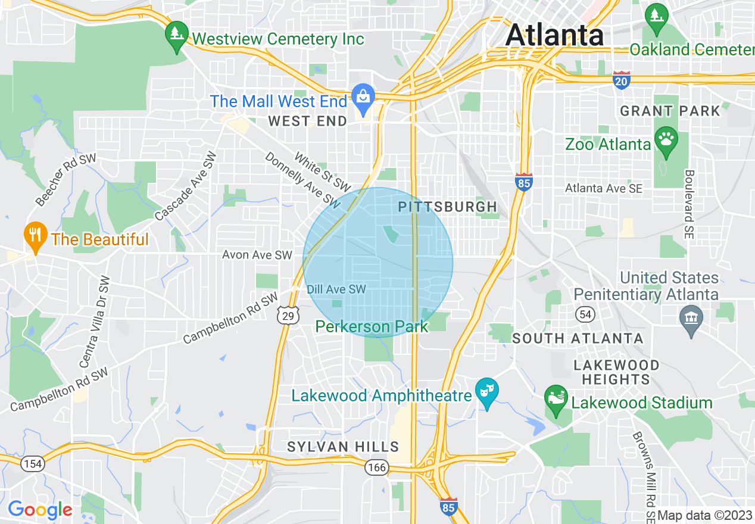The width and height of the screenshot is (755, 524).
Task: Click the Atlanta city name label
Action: [x=554, y=35]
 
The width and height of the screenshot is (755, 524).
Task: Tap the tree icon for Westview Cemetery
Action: [x=177, y=32]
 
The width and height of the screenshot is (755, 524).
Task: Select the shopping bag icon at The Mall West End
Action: [x=362, y=95]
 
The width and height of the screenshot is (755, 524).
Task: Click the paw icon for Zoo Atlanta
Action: [x=666, y=139]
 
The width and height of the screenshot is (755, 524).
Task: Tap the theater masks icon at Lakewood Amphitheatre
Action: [x=487, y=391]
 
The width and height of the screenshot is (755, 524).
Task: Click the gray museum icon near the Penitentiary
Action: [x=691, y=317]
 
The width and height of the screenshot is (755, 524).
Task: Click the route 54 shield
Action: [x=584, y=313]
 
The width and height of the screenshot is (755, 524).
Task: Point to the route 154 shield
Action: [x=32, y=464]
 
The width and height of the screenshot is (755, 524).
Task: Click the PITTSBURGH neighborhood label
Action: [x=447, y=207]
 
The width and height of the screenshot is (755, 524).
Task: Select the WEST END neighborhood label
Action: [x=307, y=121]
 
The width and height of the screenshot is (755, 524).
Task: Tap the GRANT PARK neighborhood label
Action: [x=670, y=111]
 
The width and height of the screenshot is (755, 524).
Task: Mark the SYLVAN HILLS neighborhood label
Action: [x=343, y=447]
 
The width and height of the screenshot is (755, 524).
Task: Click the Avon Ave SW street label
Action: [x=257, y=255]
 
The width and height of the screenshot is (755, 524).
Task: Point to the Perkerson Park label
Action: [x=372, y=326]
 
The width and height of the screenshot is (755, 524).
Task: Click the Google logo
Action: [x=40, y=510]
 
